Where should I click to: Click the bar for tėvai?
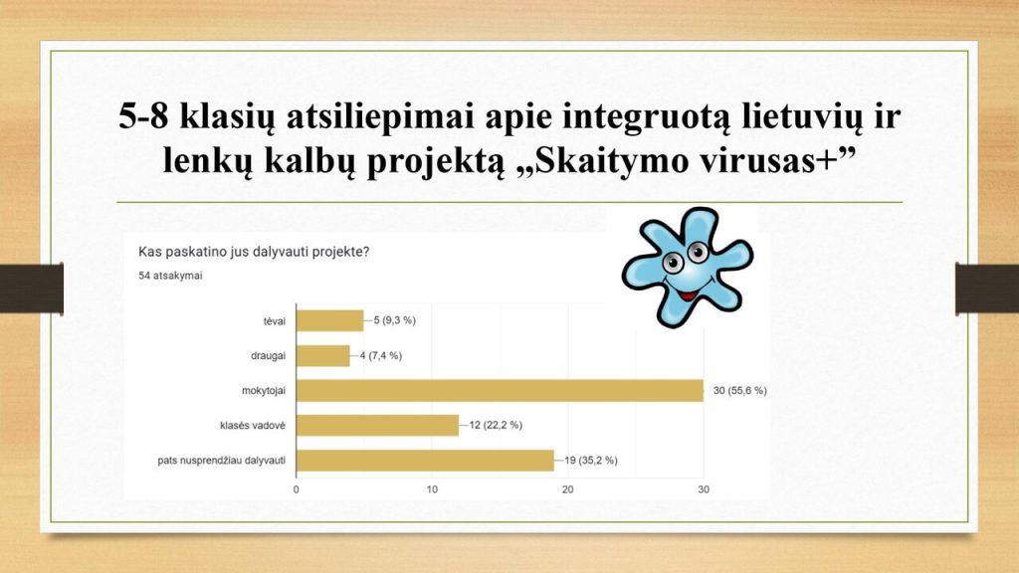(330, 321)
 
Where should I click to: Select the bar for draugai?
(323, 356)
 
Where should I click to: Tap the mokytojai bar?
(500, 390)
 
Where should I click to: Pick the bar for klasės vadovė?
(377, 426)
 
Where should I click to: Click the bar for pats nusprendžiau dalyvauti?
(425, 461)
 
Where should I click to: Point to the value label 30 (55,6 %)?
(739, 390)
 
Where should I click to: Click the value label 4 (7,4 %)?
(381, 356)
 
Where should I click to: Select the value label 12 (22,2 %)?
(496, 425)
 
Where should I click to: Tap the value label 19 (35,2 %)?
(591, 461)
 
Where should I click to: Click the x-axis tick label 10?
(432, 489)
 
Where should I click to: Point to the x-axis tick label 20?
(567, 489)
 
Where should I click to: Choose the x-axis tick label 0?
(297, 489)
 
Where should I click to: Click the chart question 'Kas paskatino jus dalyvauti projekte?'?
(254, 252)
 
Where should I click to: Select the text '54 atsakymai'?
(170, 276)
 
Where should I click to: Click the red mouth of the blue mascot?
(688, 294)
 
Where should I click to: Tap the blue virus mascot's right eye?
(698, 252)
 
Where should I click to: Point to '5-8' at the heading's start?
(144, 116)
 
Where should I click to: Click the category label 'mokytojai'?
(263, 391)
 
